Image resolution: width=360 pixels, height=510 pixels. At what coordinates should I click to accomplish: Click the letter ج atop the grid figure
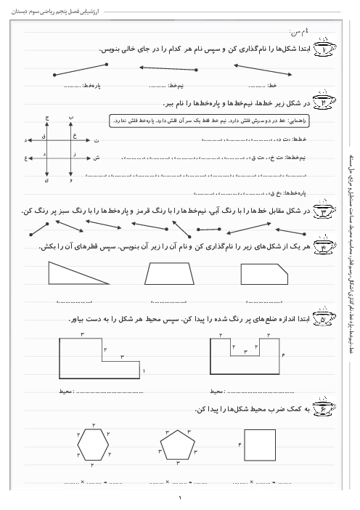coord(47,116)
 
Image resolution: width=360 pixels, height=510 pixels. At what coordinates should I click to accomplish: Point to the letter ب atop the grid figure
coord(70,116)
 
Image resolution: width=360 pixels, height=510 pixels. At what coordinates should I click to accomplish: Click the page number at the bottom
coord(180,498)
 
